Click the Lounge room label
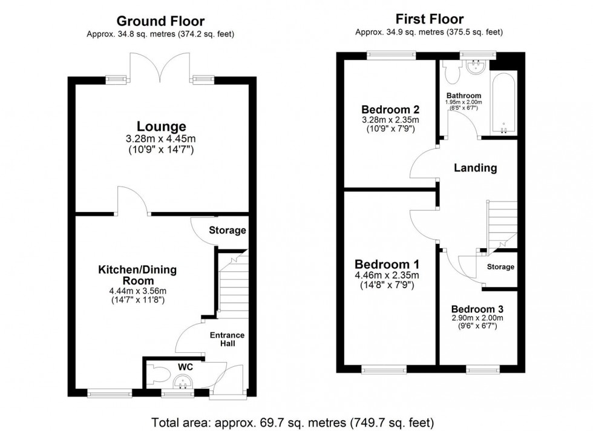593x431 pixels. [x=161, y=127]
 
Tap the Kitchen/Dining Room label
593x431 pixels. [x=137, y=275]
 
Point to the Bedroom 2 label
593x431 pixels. [x=390, y=110]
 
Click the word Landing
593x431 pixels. [x=476, y=168]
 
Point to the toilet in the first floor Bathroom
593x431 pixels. [x=450, y=73]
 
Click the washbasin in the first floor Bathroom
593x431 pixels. [x=476, y=66]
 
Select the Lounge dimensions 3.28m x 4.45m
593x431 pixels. [x=161, y=139]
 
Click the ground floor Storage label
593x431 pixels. [x=228, y=230]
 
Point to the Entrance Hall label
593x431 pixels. [x=227, y=339]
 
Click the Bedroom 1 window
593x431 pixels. [x=384, y=368]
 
